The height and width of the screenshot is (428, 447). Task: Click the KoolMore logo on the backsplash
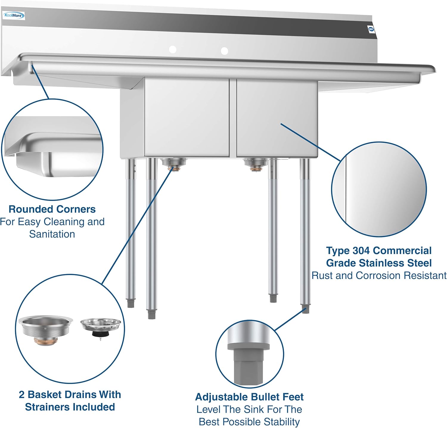(14, 15)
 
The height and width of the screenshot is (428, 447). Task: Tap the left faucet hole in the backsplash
(173, 49)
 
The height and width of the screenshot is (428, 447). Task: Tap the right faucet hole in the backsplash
(224, 51)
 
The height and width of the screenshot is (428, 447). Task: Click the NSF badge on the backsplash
(371, 29)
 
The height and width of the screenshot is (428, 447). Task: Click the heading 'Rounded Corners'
(52, 209)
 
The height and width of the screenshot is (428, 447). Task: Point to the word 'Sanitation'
(52, 234)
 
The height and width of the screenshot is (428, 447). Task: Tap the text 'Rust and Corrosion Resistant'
(379, 276)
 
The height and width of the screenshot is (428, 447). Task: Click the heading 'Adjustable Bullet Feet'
(249, 397)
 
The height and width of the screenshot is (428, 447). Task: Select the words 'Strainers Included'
(70, 407)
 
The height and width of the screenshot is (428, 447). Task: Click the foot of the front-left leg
(151, 314)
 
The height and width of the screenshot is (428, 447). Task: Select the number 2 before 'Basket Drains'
(21, 394)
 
